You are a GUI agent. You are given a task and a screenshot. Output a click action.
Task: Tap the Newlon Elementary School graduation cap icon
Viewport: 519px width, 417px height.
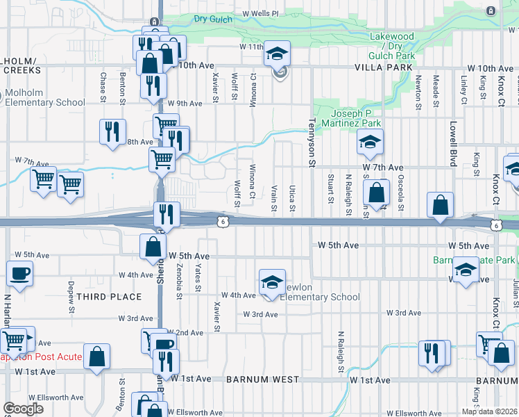pyautogui.click(x=272, y=282)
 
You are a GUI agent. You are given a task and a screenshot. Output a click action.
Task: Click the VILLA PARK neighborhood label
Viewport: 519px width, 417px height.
pyautogui.click(x=384, y=68)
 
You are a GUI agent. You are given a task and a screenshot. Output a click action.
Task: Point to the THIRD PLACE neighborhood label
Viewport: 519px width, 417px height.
pyautogui.click(x=109, y=297)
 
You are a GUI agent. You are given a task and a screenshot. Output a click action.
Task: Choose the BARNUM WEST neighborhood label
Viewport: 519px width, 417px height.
pyautogui.click(x=262, y=379)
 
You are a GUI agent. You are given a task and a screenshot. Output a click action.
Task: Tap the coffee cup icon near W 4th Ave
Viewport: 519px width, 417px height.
pyautogui.click(x=19, y=273)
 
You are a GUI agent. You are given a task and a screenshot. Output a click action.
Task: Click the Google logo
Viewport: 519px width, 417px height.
pyautogui.click(x=23, y=409)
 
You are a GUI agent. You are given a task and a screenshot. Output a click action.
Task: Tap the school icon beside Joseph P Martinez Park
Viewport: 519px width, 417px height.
pyautogui.click(x=370, y=143)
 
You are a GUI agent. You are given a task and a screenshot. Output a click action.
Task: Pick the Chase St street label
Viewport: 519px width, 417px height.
pyautogui.click(x=103, y=88)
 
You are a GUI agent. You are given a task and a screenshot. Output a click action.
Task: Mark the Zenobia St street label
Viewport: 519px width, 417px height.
pyautogui.click(x=179, y=286)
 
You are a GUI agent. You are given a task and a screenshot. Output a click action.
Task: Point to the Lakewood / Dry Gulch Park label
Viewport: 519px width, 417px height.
pyautogui.click(x=391, y=45)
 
